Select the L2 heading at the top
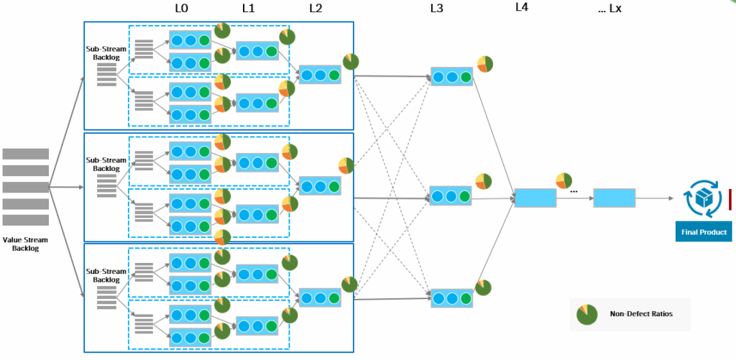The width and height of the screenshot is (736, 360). pyautogui.click(x=316, y=9)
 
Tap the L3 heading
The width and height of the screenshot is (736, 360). pyautogui.click(x=437, y=9)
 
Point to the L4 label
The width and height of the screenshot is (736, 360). pyautogui.click(x=522, y=8)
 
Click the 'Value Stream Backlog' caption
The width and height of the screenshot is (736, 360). pyautogui.click(x=25, y=244)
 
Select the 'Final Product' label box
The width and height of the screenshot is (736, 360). pyautogui.click(x=703, y=232)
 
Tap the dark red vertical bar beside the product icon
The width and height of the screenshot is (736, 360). pyautogui.click(x=730, y=199)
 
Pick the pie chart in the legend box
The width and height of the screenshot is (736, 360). pyautogui.click(x=586, y=314)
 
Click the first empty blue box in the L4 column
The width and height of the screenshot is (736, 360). pyautogui.click(x=535, y=198)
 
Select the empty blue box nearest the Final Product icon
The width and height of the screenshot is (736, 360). pyautogui.click(x=614, y=198)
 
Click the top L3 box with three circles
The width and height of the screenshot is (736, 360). pyautogui.click(x=451, y=76)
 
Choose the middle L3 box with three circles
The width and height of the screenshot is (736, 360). pyautogui.click(x=451, y=195)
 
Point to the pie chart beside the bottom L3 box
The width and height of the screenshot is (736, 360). pyautogui.click(x=483, y=287)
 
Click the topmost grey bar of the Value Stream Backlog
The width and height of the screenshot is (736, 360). pyautogui.click(x=26, y=154)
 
